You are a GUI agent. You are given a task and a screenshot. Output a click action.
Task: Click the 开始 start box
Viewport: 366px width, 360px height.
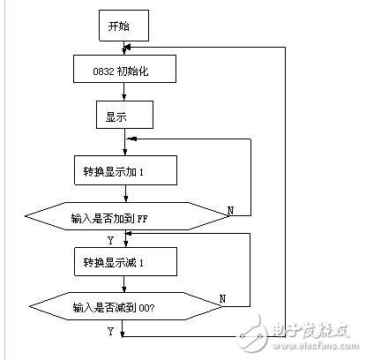point(123,26)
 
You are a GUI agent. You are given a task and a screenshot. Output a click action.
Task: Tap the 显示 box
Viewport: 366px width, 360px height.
point(123,115)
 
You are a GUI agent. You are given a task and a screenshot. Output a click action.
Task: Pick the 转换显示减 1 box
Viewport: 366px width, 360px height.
point(123,260)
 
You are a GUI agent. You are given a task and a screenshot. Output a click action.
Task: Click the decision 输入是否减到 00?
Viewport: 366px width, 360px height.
point(123,306)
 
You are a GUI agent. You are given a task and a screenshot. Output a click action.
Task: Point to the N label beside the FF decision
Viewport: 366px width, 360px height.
point(231,210)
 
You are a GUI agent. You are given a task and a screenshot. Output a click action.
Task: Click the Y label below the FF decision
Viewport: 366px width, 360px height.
point(110,238)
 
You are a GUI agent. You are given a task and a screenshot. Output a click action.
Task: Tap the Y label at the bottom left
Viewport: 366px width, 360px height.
point(110,331)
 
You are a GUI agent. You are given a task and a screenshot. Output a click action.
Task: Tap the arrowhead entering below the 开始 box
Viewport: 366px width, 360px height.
point(128,46)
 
